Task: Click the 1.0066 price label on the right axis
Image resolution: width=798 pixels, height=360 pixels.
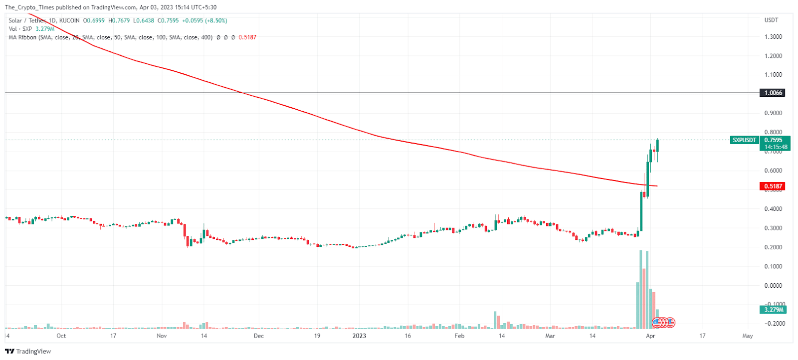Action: click(773, 93)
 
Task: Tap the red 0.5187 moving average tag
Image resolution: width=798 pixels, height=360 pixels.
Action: click(773, 186)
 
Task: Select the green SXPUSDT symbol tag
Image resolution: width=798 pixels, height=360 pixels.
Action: click(744, 140)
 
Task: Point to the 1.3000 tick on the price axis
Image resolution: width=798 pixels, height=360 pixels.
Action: click(773, 37)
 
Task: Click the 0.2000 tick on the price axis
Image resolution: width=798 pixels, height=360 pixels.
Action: click(773, 247)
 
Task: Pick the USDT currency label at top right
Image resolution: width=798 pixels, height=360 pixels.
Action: click(771, 20)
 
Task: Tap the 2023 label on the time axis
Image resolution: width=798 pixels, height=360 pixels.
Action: click(359, 336)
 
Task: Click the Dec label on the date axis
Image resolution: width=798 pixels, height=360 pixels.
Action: click(258, 336)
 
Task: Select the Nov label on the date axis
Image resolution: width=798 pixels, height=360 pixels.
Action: click(162, 336)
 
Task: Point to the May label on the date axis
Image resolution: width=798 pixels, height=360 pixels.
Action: click(747, 336)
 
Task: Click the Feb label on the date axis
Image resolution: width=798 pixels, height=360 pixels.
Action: click(459, 336)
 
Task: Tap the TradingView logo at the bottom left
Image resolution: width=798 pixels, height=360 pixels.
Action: click(28, 351)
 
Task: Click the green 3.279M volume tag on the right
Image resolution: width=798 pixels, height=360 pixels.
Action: click(773, 310)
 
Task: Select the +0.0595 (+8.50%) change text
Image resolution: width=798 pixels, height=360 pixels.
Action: click(204, 20)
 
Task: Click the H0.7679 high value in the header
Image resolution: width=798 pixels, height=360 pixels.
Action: click(119, 20)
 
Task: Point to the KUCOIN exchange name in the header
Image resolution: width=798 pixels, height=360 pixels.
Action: click(69, 20)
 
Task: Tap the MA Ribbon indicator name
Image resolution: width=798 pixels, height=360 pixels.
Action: click(22, 37)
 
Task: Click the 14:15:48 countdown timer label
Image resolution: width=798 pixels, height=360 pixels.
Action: click(776, 147)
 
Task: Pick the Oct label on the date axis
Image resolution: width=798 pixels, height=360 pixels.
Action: click(61, 336)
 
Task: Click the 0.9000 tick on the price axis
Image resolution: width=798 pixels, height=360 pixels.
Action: click(773, 113)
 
